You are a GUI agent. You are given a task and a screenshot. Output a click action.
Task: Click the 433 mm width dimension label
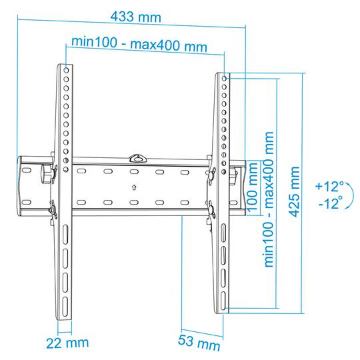136,17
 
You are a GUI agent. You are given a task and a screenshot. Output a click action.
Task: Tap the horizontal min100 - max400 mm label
139,44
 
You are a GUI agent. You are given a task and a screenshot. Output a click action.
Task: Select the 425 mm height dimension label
295,192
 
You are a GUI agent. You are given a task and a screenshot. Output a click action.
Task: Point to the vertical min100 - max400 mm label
269,199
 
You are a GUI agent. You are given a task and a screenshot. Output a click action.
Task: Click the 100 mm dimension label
252,187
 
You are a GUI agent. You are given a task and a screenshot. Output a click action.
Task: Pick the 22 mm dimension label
67,343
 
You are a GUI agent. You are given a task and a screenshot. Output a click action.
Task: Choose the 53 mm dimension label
199,343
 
